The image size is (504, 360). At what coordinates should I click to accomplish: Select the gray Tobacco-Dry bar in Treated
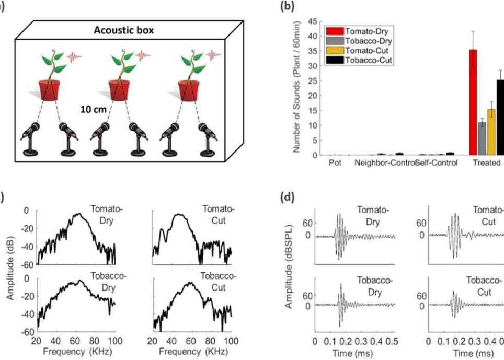[482, 138]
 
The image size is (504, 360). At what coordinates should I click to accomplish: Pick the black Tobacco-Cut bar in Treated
[500, 118]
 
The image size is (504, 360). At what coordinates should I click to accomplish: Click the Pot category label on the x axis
[335, 162]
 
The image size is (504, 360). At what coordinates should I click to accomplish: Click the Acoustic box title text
[124, 30]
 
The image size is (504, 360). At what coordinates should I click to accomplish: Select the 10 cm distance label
[93, 110]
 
